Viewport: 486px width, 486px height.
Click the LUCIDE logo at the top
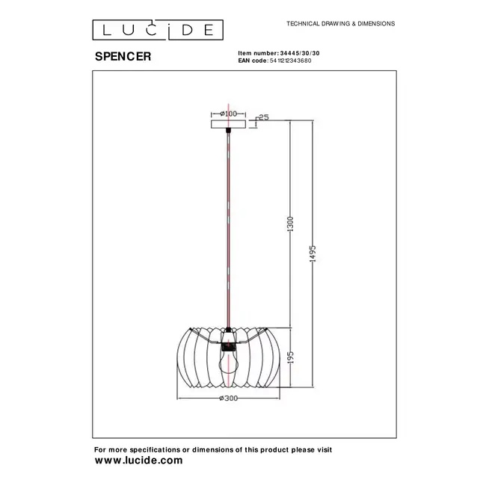coord(158,30)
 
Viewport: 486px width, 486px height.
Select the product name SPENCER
coord(122,55)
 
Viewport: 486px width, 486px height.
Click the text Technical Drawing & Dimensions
coord(341,24)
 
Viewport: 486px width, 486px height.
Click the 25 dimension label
coord(264,118)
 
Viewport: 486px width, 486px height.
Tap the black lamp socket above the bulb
coord(229,345)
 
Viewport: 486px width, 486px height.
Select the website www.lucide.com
coord(138,461)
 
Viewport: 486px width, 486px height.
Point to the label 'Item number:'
coord(257,53)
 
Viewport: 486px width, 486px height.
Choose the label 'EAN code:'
coord(253,60)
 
